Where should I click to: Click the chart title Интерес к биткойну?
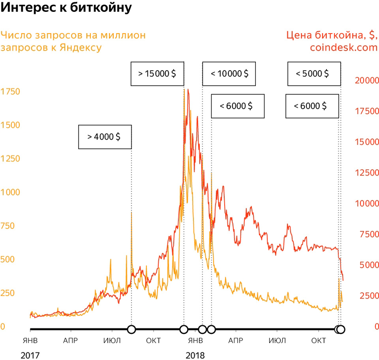(x=67, y=9)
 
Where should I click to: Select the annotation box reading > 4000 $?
(x=104, y=136)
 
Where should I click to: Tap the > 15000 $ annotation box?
(x=157, y=73)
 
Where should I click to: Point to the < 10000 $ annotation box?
(x=229, y=73)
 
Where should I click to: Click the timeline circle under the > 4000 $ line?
(x=131, y=330)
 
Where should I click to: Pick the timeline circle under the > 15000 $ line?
(x=184, y=330)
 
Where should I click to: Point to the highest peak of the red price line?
(x=188, y=90)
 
